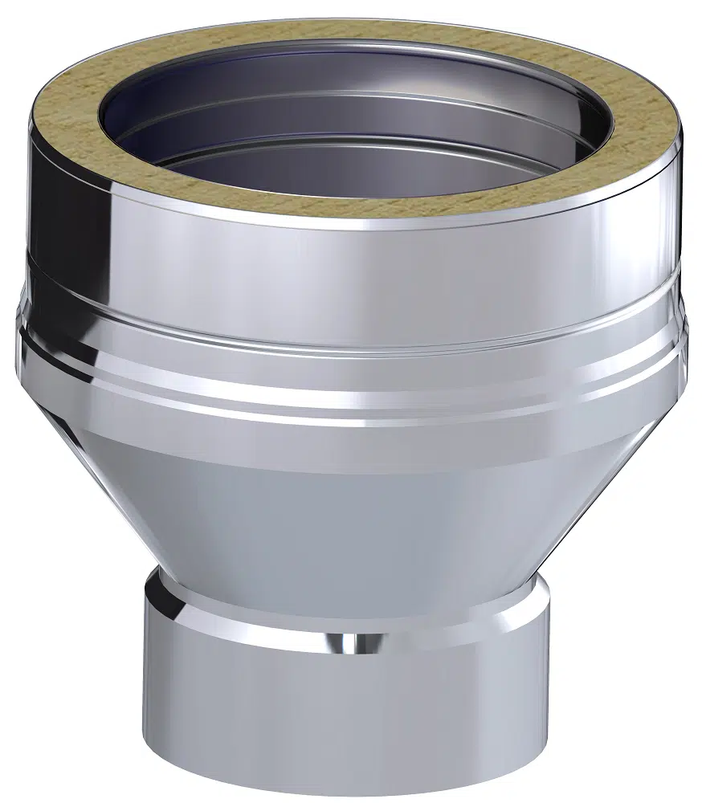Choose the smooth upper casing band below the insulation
[353, 257]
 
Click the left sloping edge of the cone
[104, 498]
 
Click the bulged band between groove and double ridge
[353, 357]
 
